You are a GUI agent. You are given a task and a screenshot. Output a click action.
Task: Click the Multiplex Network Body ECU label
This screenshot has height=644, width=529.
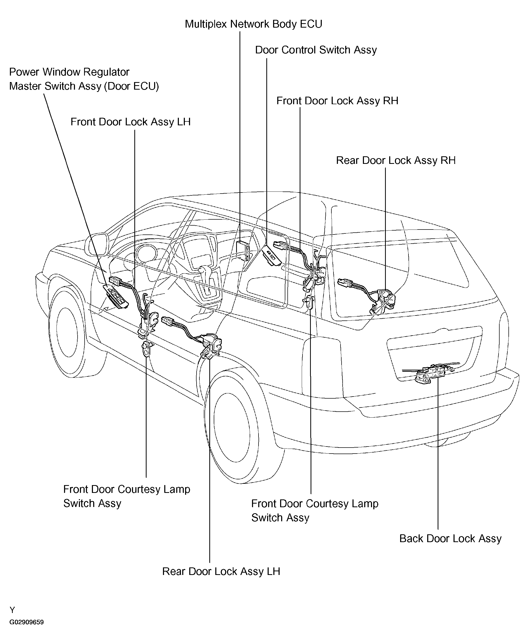tap(254, 24)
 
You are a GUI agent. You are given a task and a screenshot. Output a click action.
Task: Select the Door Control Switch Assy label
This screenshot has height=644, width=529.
tap(316, 50)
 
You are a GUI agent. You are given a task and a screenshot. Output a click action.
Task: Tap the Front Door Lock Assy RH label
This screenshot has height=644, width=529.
tap(337, 101)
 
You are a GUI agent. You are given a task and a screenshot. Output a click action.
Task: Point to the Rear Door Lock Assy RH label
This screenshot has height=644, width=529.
tap(396, 160)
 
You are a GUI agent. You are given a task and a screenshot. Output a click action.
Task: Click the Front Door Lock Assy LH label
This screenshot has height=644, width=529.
tap(131, 122)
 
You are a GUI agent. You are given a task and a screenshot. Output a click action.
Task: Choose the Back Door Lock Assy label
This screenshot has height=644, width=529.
tap(450, 538)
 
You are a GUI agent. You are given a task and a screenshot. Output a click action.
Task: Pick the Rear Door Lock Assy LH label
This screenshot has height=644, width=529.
tap(221, 571)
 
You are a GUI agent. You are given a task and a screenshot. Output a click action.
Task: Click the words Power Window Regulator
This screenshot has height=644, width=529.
tap(70, 72)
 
